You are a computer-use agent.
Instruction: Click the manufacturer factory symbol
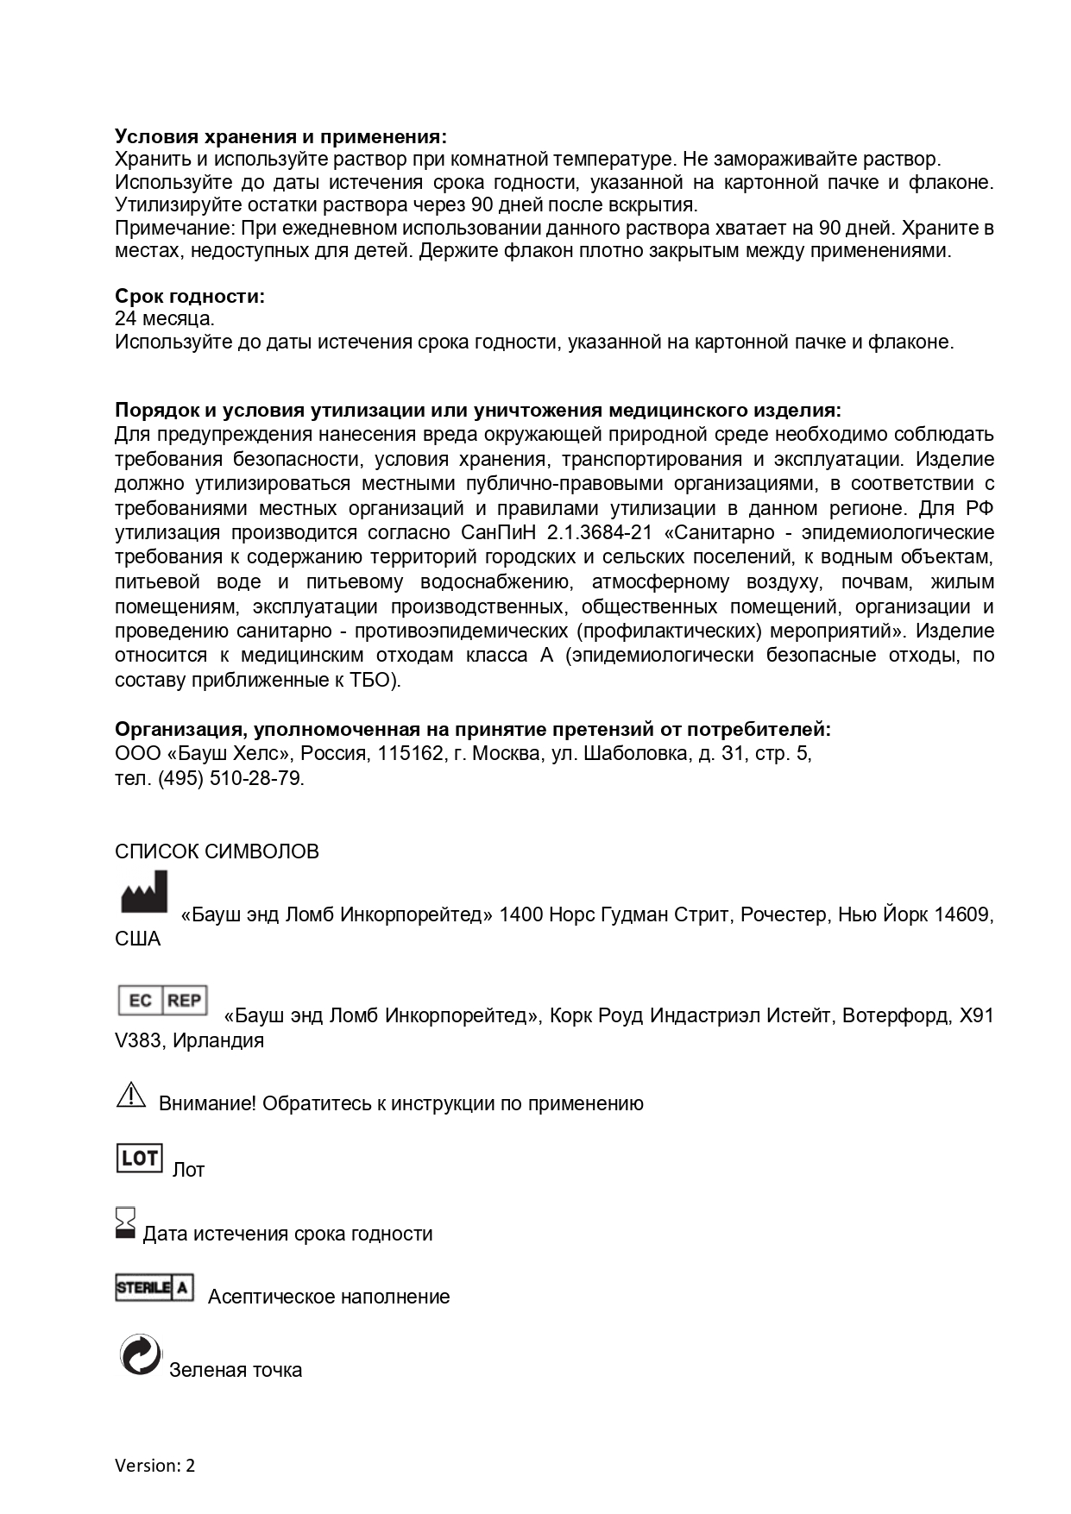point(144,893)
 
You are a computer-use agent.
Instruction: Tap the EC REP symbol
point(163,1001)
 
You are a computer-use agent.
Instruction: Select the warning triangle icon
point(130,1095)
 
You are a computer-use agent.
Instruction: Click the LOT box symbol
point(139,1158)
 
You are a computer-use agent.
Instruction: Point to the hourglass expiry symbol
point(126,1223)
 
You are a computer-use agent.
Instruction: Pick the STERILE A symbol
point(154,1288)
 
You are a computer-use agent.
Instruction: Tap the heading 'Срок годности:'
point(190,296)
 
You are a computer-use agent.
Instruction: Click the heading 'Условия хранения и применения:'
point(281,136)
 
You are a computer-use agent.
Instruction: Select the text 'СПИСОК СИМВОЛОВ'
point(217,851)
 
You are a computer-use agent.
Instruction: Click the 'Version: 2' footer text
point(155,1465)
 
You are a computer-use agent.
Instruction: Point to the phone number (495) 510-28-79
point(230,778)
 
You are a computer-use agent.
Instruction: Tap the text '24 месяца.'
point(165,318)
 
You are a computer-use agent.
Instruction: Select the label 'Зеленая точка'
point(236,1370)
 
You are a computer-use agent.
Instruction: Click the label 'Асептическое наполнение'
point(329,1297)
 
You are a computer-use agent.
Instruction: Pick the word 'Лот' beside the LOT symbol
point(188,1170)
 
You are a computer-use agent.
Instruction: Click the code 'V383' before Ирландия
point(138,1040)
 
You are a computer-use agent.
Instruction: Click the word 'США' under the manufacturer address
point(138,939)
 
